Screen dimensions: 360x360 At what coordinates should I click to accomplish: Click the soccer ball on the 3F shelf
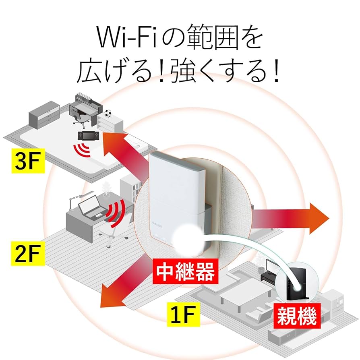pyautogui.click(x=108, y=113)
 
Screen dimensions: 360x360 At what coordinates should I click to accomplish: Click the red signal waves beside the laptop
pyautogui.click(x=116, y=212)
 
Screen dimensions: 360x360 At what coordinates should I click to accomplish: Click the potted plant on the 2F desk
pyautogui.click(x=106, y=189)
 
